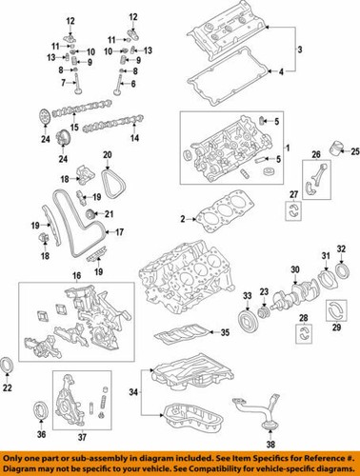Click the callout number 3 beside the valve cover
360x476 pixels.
point(299,50)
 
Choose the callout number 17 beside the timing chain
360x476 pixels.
point(120,232)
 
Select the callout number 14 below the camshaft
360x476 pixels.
point(133,139)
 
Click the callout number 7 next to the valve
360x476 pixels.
point(68,84)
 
